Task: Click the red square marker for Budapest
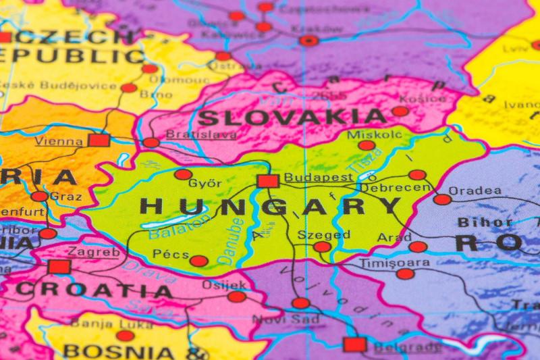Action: coord(268,181)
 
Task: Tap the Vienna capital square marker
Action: coord(99,140)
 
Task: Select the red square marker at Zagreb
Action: coord(59,267)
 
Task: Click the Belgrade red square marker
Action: coord(354,344)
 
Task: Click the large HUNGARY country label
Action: coord(270,206)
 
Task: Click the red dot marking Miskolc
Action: coord(367,145)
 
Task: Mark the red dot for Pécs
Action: coord(198,261)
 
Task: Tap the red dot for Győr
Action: coord(183,174)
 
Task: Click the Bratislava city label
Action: coord(201,134)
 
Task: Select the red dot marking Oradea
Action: coord(442,199)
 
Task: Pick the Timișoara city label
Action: coord(394,262)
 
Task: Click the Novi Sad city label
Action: coord(279,319)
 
